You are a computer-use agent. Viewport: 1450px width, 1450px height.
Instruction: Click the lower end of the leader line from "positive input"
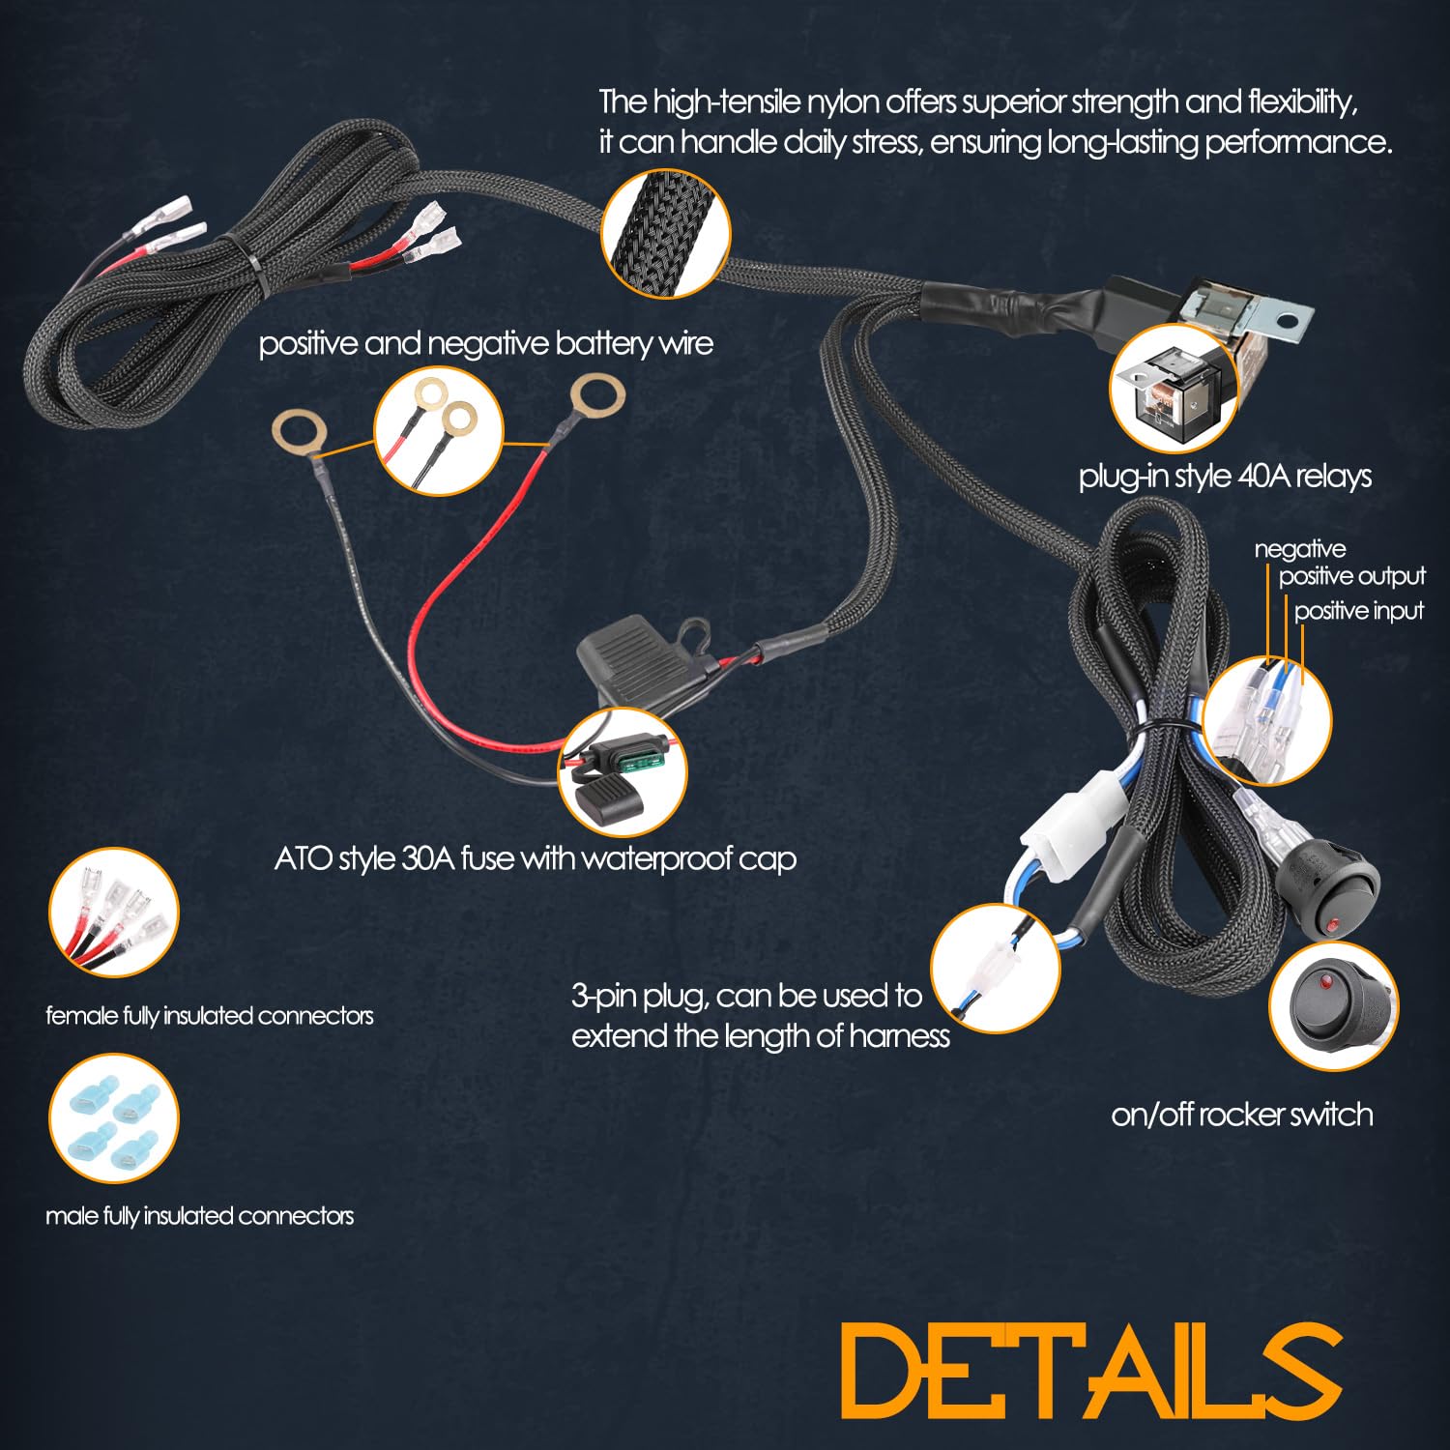tap(1302, 683)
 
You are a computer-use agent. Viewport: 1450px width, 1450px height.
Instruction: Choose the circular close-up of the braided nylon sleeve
tap(666, 235)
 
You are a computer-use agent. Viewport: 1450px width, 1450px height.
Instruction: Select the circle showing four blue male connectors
tap(114, 1118)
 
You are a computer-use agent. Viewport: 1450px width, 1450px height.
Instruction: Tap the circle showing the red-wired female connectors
tap(114, 913)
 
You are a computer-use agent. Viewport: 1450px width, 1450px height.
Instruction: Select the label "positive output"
tap(1351, 577)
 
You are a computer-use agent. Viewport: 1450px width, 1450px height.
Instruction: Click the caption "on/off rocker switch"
tap(1242, 1115)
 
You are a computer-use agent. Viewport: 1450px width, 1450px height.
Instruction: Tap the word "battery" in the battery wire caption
tap(588, 344)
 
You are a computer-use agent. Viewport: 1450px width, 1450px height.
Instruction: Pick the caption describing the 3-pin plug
tap(760, 1016)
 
